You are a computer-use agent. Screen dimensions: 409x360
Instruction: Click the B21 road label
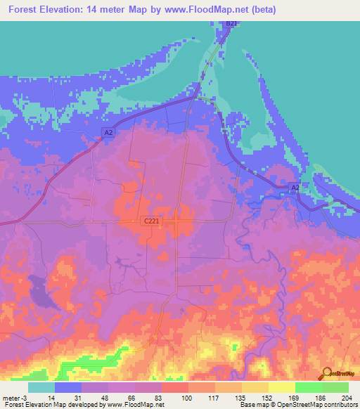(231, 24)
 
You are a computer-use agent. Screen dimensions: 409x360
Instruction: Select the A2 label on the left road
(108, 132)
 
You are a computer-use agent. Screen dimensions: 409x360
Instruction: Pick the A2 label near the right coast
(295, 187)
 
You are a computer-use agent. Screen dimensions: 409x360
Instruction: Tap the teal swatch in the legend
(41, 387)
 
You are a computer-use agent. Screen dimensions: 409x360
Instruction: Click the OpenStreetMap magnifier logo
(326, 373)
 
